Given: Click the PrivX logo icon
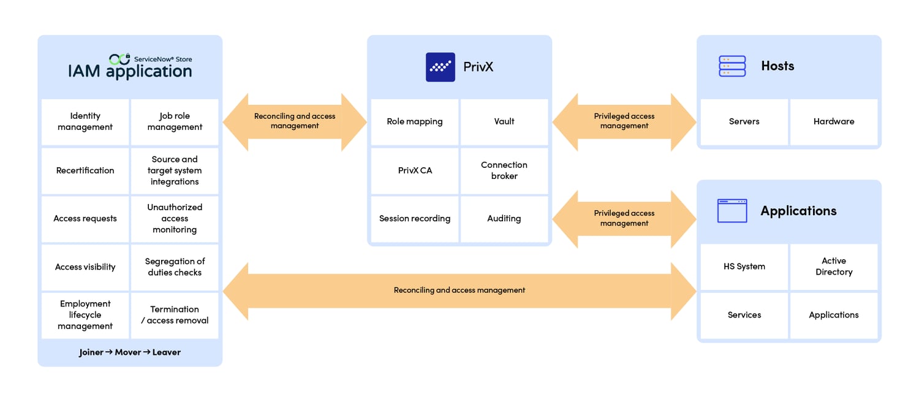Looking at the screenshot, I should (440, 67).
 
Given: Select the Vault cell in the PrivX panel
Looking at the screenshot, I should (504, 121).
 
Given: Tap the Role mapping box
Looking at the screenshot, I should (415, 121).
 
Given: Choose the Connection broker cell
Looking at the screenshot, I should (504, 170).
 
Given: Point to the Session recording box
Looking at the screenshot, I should (415, 219).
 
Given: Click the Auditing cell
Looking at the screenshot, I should (504, 219).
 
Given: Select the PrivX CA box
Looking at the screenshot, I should (415, 170).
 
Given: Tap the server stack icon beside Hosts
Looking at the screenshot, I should (732, 66).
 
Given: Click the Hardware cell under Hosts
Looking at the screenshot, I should (833, 121).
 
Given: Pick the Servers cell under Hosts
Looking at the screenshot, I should (744, 121).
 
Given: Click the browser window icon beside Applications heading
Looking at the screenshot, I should (732, 211).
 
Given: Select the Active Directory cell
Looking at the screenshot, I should (833, 267).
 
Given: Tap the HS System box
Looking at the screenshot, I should (744, 267).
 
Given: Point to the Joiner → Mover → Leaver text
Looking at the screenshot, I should (130, 352).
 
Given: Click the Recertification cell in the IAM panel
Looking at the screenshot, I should (85, 170).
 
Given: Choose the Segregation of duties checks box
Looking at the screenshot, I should (175, 267).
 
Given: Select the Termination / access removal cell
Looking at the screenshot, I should (175, 315).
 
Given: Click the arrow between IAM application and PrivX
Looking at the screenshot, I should (295, 121).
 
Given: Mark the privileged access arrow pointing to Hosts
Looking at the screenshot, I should (624, 121).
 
